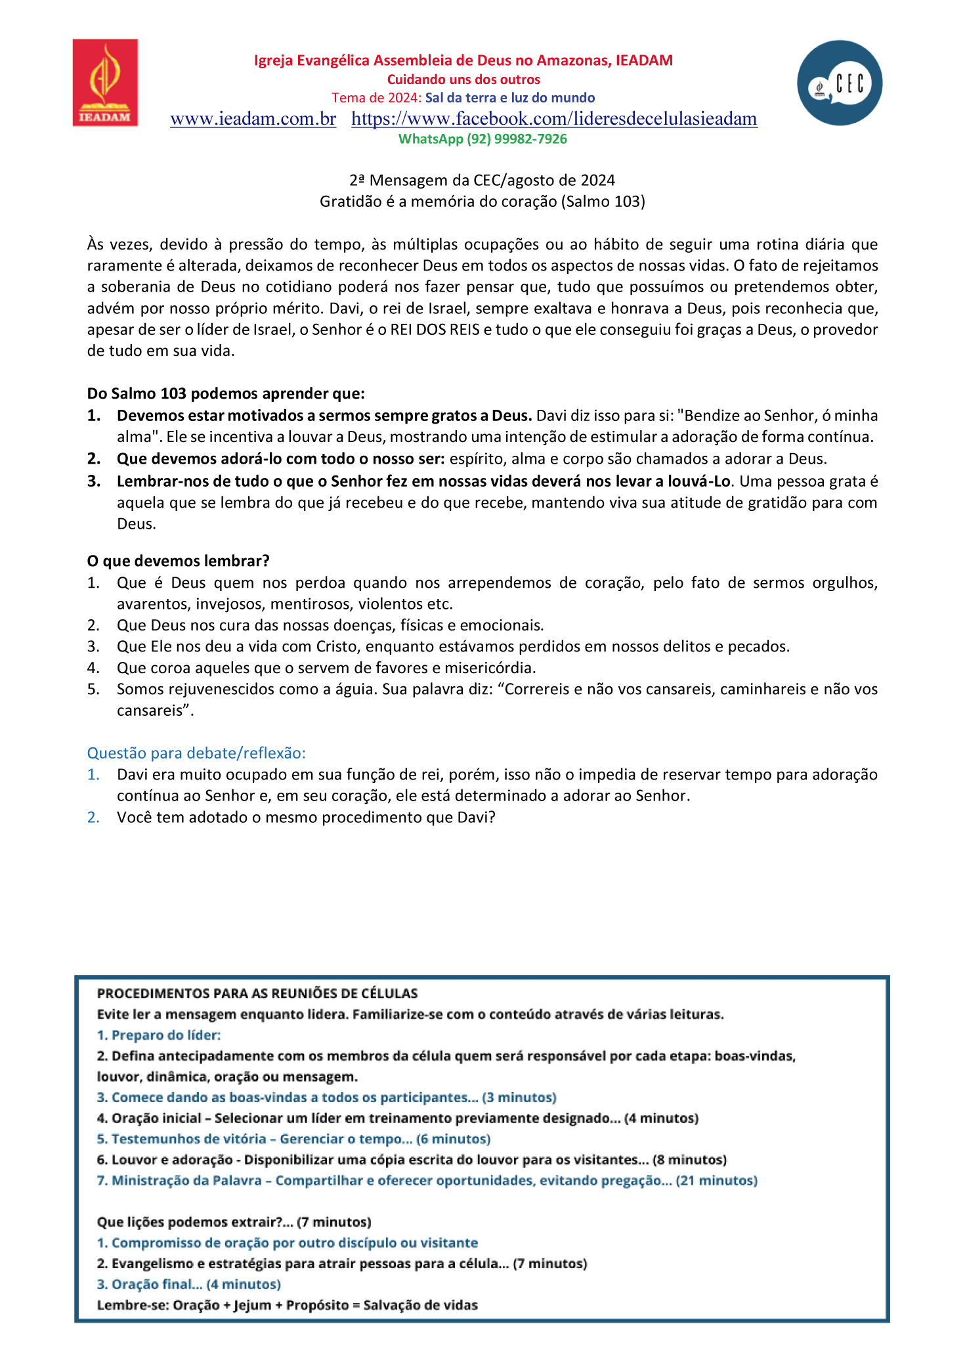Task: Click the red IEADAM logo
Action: [105, 83]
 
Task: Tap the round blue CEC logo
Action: [840, 83]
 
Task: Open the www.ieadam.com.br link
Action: [253, 119]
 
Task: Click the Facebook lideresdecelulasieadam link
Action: [554, 119]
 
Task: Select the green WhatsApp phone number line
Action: [482, 139]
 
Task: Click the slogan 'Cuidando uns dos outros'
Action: [463, 79]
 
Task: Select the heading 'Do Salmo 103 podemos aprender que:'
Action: [226, 393]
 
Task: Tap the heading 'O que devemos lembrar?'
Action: [179, 561]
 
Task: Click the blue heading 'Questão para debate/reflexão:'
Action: [196, 753]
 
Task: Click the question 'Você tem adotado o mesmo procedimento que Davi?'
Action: [306, 817]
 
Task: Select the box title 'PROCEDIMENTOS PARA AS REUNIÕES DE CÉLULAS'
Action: [257, 994]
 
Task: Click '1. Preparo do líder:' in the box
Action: [159, 1035]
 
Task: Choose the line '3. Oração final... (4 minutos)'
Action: [189, 1284]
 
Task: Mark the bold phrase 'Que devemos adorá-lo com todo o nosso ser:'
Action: [281, 458]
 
